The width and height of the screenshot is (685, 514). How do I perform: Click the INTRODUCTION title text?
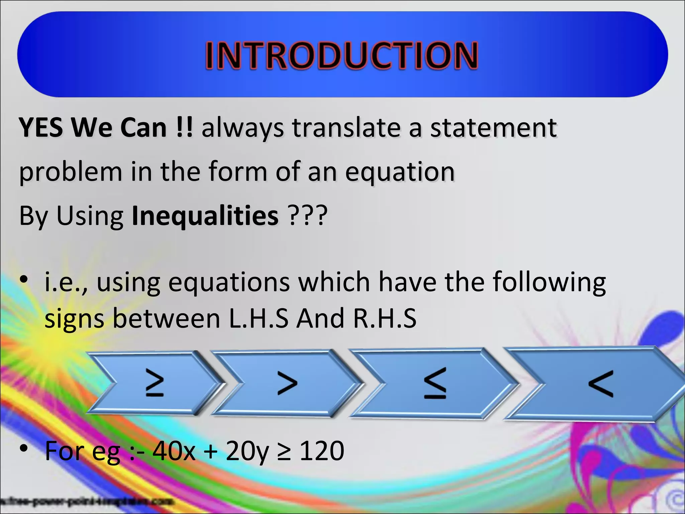(341, 55)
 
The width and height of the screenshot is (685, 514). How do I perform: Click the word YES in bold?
(41, 127)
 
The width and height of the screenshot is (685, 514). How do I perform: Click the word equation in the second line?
(400, 171)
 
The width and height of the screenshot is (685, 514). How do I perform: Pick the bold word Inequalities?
(205, 216)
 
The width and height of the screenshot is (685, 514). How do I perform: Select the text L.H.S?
(258, 318)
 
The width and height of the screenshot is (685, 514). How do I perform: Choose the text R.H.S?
(385, 318)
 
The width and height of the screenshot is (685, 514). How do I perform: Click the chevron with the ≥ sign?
(155, 382)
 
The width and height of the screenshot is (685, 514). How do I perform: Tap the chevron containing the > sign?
(287, 382)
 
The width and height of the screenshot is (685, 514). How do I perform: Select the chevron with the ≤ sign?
(435, 383)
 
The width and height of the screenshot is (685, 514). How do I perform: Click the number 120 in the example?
(322, 451)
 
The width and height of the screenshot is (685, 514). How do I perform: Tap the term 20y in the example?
(247, 451)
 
